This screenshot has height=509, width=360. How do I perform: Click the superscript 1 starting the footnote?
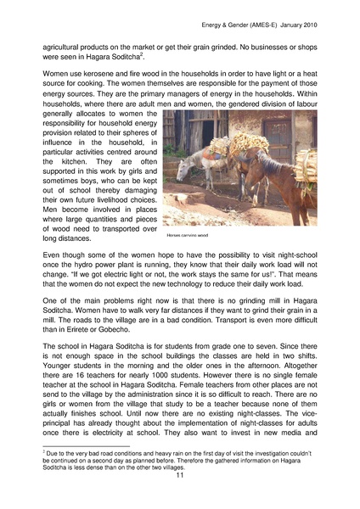coord(43,451)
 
